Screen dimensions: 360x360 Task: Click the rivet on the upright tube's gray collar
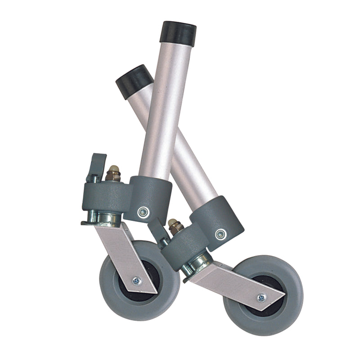(x=143, y=212)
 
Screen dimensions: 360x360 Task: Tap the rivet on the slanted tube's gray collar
(x=220, y=234)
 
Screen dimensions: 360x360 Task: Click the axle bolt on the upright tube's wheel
(x=136, y=281)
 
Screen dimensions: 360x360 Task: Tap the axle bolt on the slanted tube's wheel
(x=261, y=297)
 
